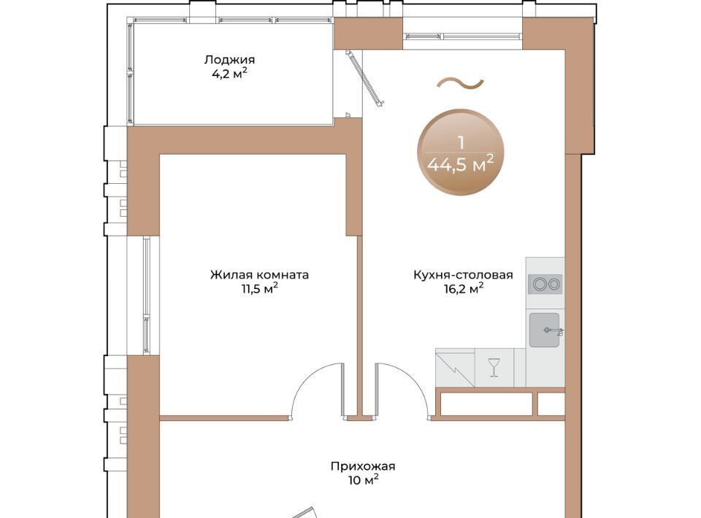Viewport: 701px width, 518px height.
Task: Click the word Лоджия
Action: (x=229, y=60)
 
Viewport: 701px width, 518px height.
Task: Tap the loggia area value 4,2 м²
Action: (x=229, y=74)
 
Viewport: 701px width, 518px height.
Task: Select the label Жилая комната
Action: (x=259, y=274)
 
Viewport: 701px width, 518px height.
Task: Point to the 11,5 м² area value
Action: (x=260, y=288)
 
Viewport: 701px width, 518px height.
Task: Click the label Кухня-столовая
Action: (x=463, y=274)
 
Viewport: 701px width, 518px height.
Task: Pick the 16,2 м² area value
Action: (x=464, y=288)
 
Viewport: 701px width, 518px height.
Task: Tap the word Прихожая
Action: (x=363, y=467)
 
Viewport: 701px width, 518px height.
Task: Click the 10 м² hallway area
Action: (x=363, y=481)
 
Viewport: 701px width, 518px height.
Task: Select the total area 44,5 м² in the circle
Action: (x=461, y=164)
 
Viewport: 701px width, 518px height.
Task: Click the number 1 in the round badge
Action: (x=461, y=143)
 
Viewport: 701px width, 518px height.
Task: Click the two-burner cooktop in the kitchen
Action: (x=545, y=284)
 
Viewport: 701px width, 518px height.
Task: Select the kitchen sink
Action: (x=545, y=330)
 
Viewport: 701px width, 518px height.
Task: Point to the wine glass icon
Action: (x=494, y=367)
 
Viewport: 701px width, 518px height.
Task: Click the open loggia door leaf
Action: (x=365, y=78)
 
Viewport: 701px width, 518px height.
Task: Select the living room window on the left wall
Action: (x=147, y=295)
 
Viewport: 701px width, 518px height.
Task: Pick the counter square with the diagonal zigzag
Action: (x=455, y=368)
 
